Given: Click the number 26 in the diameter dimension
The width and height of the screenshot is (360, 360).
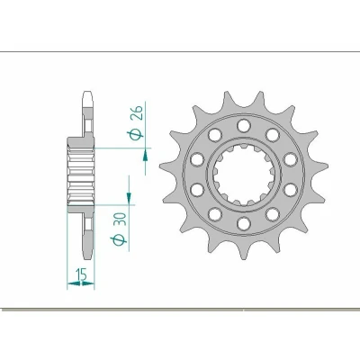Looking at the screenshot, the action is tap(137, 112).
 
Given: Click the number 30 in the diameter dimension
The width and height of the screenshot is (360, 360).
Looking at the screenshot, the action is tap(120, 220).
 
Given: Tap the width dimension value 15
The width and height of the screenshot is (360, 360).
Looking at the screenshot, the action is tap(81, 274).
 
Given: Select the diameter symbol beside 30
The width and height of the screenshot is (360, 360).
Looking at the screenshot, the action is tap(119, 240).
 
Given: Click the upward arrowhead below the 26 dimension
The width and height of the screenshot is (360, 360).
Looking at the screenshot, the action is tap(145, 156).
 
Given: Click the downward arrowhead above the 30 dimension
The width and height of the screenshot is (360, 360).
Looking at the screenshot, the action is tap(129, 197).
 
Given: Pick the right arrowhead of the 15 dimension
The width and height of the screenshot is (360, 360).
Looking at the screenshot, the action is tap(88, 283).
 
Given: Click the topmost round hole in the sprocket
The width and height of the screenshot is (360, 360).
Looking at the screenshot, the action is tap(243, 125).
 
